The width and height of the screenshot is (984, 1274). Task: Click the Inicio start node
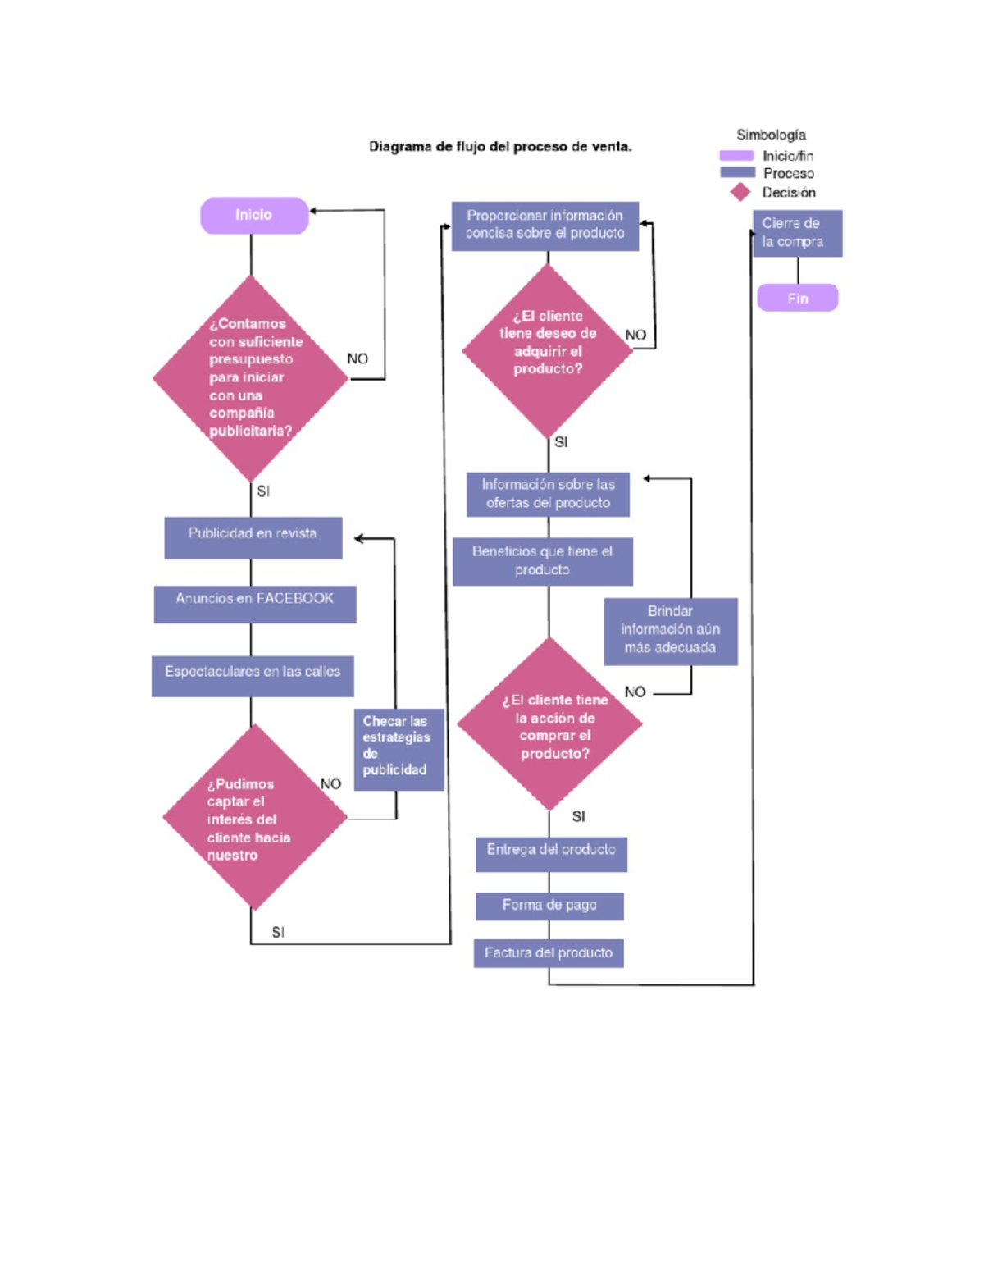254,215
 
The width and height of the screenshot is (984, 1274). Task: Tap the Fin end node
797,298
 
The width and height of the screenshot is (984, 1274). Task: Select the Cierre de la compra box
797,233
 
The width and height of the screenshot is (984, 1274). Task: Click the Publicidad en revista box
253,537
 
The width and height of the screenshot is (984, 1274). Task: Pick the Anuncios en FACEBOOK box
254,604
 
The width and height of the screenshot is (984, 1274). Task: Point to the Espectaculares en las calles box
253,676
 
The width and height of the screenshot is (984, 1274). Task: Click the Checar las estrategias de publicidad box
399,749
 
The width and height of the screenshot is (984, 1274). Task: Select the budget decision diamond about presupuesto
250,378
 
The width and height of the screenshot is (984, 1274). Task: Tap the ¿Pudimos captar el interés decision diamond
254,817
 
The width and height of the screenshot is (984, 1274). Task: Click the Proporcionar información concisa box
544,226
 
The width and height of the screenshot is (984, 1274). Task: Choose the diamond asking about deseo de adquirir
548,350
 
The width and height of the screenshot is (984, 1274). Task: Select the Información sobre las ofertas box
548,494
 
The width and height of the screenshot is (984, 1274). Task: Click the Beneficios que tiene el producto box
542,561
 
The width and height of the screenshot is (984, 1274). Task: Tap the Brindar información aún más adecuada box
670,631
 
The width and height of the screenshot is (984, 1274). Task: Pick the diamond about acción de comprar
549,724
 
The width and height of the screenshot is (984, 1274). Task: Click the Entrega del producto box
551,853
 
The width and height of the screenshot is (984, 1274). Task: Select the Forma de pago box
549,906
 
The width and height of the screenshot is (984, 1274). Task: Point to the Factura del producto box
548,952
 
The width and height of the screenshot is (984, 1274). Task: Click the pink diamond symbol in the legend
740,192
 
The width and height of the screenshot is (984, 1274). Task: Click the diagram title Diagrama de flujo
500,147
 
